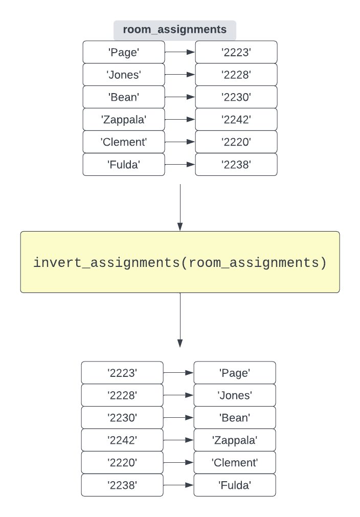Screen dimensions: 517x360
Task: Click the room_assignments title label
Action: point(174,30)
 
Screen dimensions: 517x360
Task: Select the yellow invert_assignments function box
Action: point(179,262)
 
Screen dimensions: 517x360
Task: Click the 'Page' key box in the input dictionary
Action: point(124,52)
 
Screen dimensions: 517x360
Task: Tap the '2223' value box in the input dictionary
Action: point(236,52)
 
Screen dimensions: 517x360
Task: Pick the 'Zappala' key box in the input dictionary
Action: point(124,120)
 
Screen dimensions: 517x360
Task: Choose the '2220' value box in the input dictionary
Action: point(236,142)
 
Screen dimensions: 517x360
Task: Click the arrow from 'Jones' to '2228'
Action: point(180,75)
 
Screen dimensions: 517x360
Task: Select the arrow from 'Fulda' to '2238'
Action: point(180,165)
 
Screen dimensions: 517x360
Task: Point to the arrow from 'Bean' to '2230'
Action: point(180,97)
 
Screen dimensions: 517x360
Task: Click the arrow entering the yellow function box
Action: point(180,207)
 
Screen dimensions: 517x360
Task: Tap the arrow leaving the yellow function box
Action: point(180,320)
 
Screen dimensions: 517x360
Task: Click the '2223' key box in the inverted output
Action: point(122,373)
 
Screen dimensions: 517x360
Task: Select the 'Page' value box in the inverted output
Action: point(235,373)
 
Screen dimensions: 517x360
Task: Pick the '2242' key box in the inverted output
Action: point(122,440)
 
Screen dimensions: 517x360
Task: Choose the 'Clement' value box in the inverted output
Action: point(235,463)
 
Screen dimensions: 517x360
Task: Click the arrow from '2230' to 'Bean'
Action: point(178,418)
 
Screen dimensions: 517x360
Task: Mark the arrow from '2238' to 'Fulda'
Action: point(178,485)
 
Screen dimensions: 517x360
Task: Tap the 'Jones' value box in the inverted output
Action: point(235,395)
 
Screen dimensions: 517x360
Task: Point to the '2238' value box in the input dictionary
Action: point(236,165)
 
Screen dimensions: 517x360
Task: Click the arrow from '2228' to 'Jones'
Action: point(178,395)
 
